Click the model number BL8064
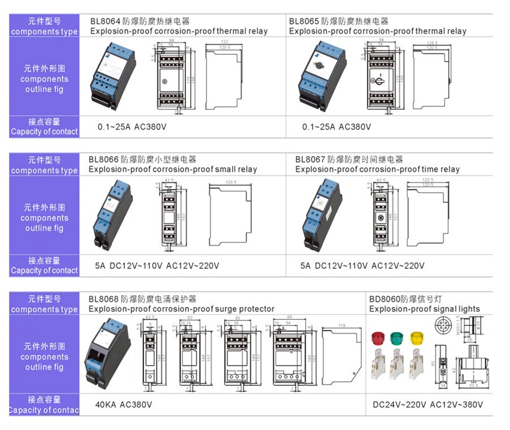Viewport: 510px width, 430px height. [104, 20]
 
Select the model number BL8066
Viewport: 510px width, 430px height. [103, 160]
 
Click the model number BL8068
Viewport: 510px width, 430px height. [103, 299]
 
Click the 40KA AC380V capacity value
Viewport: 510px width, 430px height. [124, 404]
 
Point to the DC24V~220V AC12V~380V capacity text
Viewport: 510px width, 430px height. [428, 404]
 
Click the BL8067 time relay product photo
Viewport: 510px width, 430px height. [323, 215]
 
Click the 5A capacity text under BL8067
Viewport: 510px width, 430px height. [305, 266]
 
